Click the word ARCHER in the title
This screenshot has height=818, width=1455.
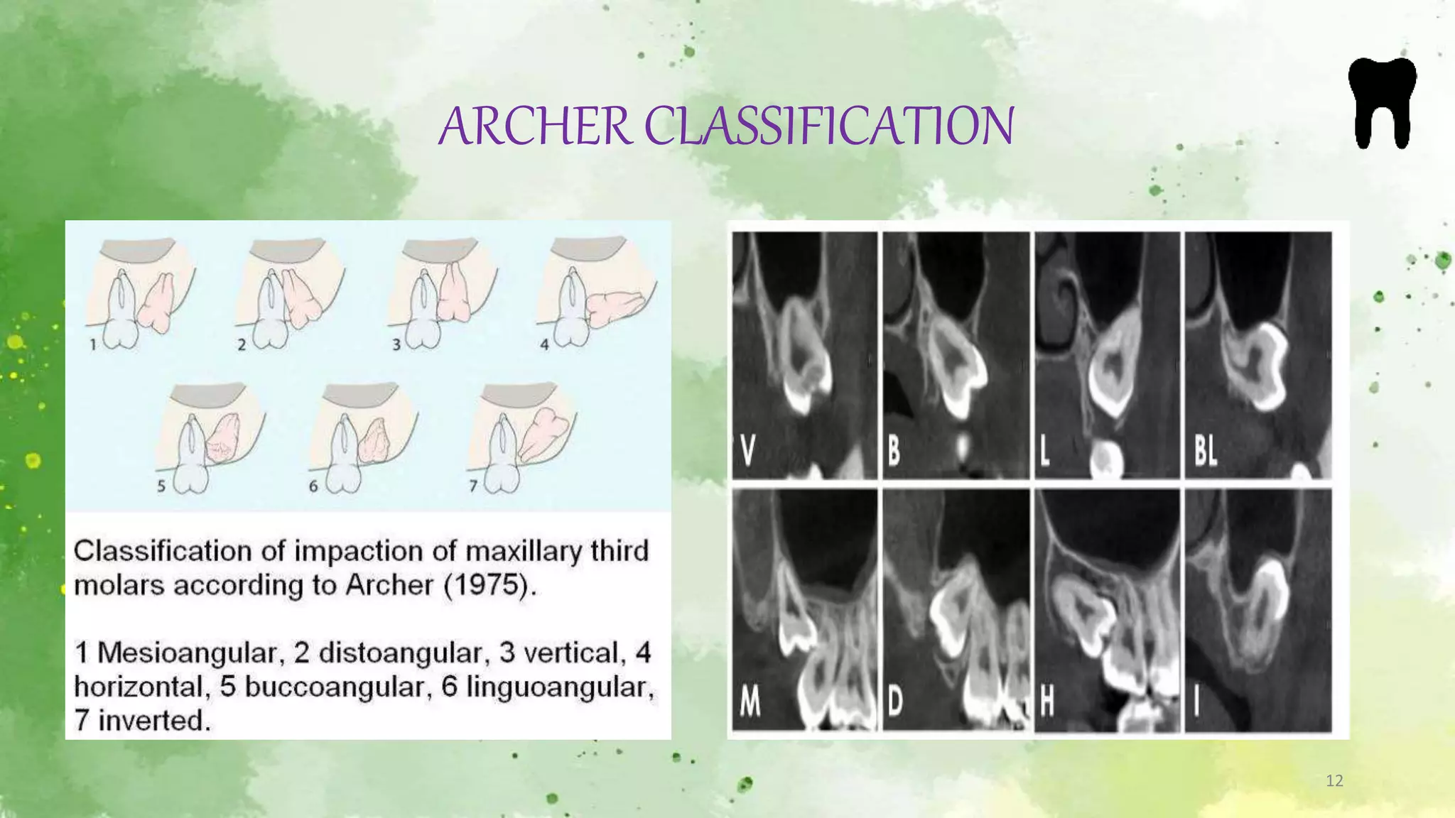click(534, 126)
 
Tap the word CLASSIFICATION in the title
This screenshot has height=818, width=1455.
click(828, 126)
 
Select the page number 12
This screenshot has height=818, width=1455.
click(1334, 781)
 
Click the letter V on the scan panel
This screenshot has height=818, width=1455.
click(747, 450)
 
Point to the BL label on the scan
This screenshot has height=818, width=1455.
click(1205, 450)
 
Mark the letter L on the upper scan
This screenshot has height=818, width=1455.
click(1044, 450)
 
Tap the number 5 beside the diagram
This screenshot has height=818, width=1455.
click(161, 486)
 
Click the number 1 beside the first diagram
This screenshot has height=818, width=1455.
click(93, 345)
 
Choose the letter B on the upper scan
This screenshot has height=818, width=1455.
click(894, 450)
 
